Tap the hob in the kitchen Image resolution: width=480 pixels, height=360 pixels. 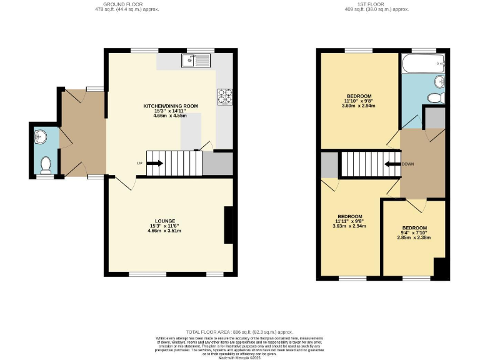(224, 96)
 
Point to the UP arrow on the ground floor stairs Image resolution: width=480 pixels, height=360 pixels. (155, 164)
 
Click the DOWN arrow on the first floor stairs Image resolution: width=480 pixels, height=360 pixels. (392, 164)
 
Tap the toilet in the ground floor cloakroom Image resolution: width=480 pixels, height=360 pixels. (45, 165)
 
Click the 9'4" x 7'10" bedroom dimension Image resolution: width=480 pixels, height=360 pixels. (414, 233)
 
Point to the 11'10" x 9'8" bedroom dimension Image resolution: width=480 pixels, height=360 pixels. (357, 101)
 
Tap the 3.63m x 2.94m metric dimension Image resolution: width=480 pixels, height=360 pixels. (349, 226)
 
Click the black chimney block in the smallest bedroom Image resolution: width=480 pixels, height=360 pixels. (441, 268)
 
